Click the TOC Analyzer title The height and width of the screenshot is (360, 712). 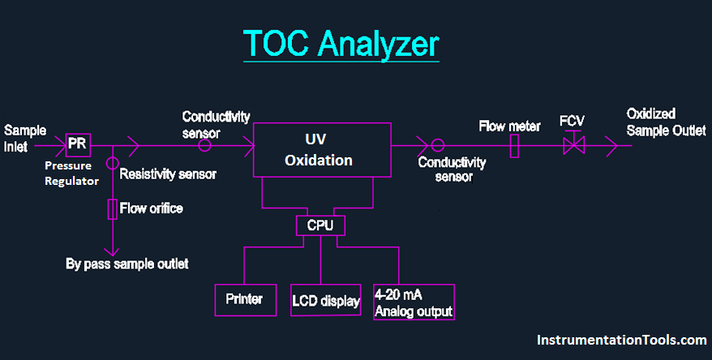(341, 45)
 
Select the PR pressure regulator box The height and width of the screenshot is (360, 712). (77, 144)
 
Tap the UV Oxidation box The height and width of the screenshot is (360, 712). (318, 150)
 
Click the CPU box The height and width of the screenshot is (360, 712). (320, 224)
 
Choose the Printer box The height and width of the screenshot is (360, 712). (244, 299)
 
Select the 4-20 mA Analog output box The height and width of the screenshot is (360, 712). (413, 302)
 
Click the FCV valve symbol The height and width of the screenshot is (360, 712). (573, 145)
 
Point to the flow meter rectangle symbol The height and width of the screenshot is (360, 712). (513, 146)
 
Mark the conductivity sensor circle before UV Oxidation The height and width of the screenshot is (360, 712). (204, 146)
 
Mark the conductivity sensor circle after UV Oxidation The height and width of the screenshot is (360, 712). (438, 146)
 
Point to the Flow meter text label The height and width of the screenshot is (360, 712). (509, 126)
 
